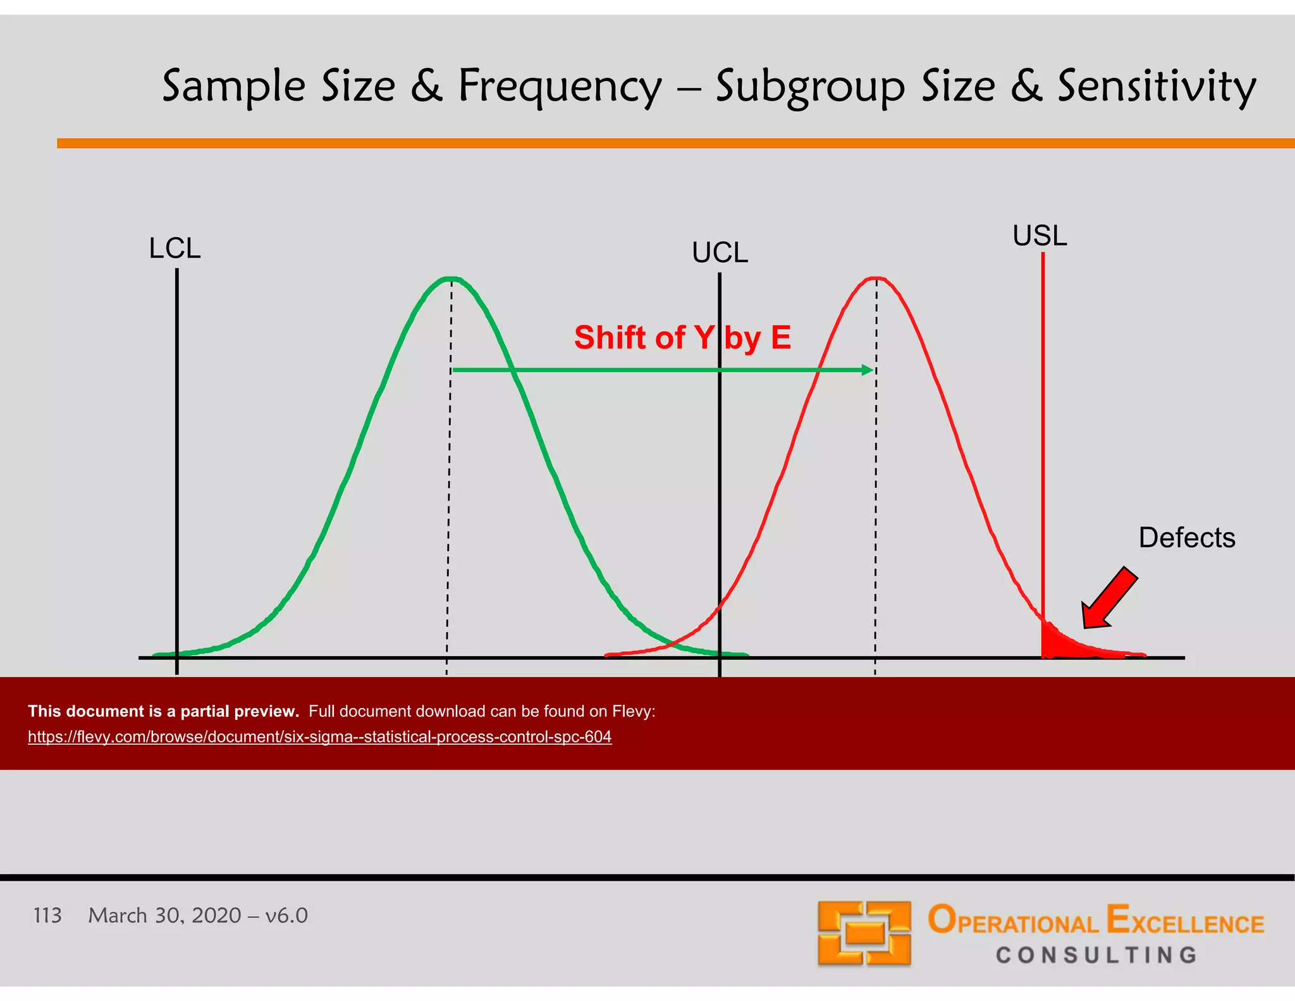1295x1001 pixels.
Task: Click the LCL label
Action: tap(175, 249)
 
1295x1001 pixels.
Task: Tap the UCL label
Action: tap(720, 253)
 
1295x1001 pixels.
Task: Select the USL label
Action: tap(1040, 236)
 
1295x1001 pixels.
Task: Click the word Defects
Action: tap(1186, 538)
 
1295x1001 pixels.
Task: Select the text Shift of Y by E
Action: tap(682, 337)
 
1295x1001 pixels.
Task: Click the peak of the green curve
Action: tap(450, 278)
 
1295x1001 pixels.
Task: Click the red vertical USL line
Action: tap(1043, 443)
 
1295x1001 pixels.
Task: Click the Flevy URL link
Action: tap(319, 737)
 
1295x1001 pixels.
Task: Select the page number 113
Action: tap(47, 916)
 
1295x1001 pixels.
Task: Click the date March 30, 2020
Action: tap(164, 916)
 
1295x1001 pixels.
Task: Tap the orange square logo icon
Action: tap(864, 933)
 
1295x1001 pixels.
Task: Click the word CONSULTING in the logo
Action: tap(1096, 955)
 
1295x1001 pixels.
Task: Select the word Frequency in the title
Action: tap(560, 87)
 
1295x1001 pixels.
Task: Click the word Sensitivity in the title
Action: tap(1157, 87)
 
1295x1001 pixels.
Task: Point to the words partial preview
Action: tap(240, 712)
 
